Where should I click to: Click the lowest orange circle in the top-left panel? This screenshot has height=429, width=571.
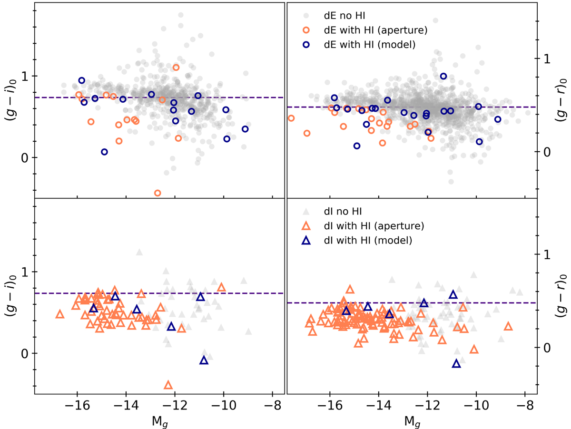tap(158, 193)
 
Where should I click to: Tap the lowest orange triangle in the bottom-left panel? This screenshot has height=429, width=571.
tap(168, 385)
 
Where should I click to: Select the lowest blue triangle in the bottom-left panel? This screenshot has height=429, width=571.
tap(204, 361)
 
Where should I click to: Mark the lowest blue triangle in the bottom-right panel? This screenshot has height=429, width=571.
tap(456, 364)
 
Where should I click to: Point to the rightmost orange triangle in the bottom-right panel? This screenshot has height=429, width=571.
tap(508, 326)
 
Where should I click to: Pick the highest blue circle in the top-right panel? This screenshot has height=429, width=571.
tap(443, 76)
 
